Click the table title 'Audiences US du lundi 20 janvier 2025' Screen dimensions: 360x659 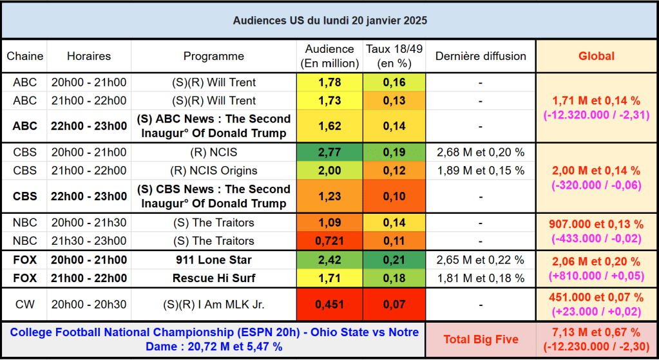pos(329,21)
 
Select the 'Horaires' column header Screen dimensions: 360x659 pos(89,56)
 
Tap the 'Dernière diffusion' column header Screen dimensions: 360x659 pos(481,56)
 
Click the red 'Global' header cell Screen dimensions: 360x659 pos(596,56)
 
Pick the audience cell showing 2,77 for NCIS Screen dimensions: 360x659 pos(329,153)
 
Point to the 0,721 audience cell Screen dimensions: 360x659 pos(329,241)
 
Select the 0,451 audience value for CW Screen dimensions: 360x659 pos(329,305)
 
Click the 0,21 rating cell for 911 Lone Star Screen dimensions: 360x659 pos(394,260)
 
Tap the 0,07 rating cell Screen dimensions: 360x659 pos(394,305)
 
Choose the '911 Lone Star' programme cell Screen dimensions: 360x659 pos(213,260)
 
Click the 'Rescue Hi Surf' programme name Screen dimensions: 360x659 pos(213,278)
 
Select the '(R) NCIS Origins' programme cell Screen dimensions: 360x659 pos(213,171)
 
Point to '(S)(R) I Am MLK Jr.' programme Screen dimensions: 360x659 pos(213,305)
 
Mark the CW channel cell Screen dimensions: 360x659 pos(24,305)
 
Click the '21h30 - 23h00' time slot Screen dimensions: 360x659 pos(89,241)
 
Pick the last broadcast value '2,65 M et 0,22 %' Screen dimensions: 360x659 pos(481,260)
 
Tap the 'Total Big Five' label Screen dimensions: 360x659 pos(481,339)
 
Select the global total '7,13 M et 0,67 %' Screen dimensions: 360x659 pos(596,332)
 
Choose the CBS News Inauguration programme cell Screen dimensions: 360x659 pos(213,196)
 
